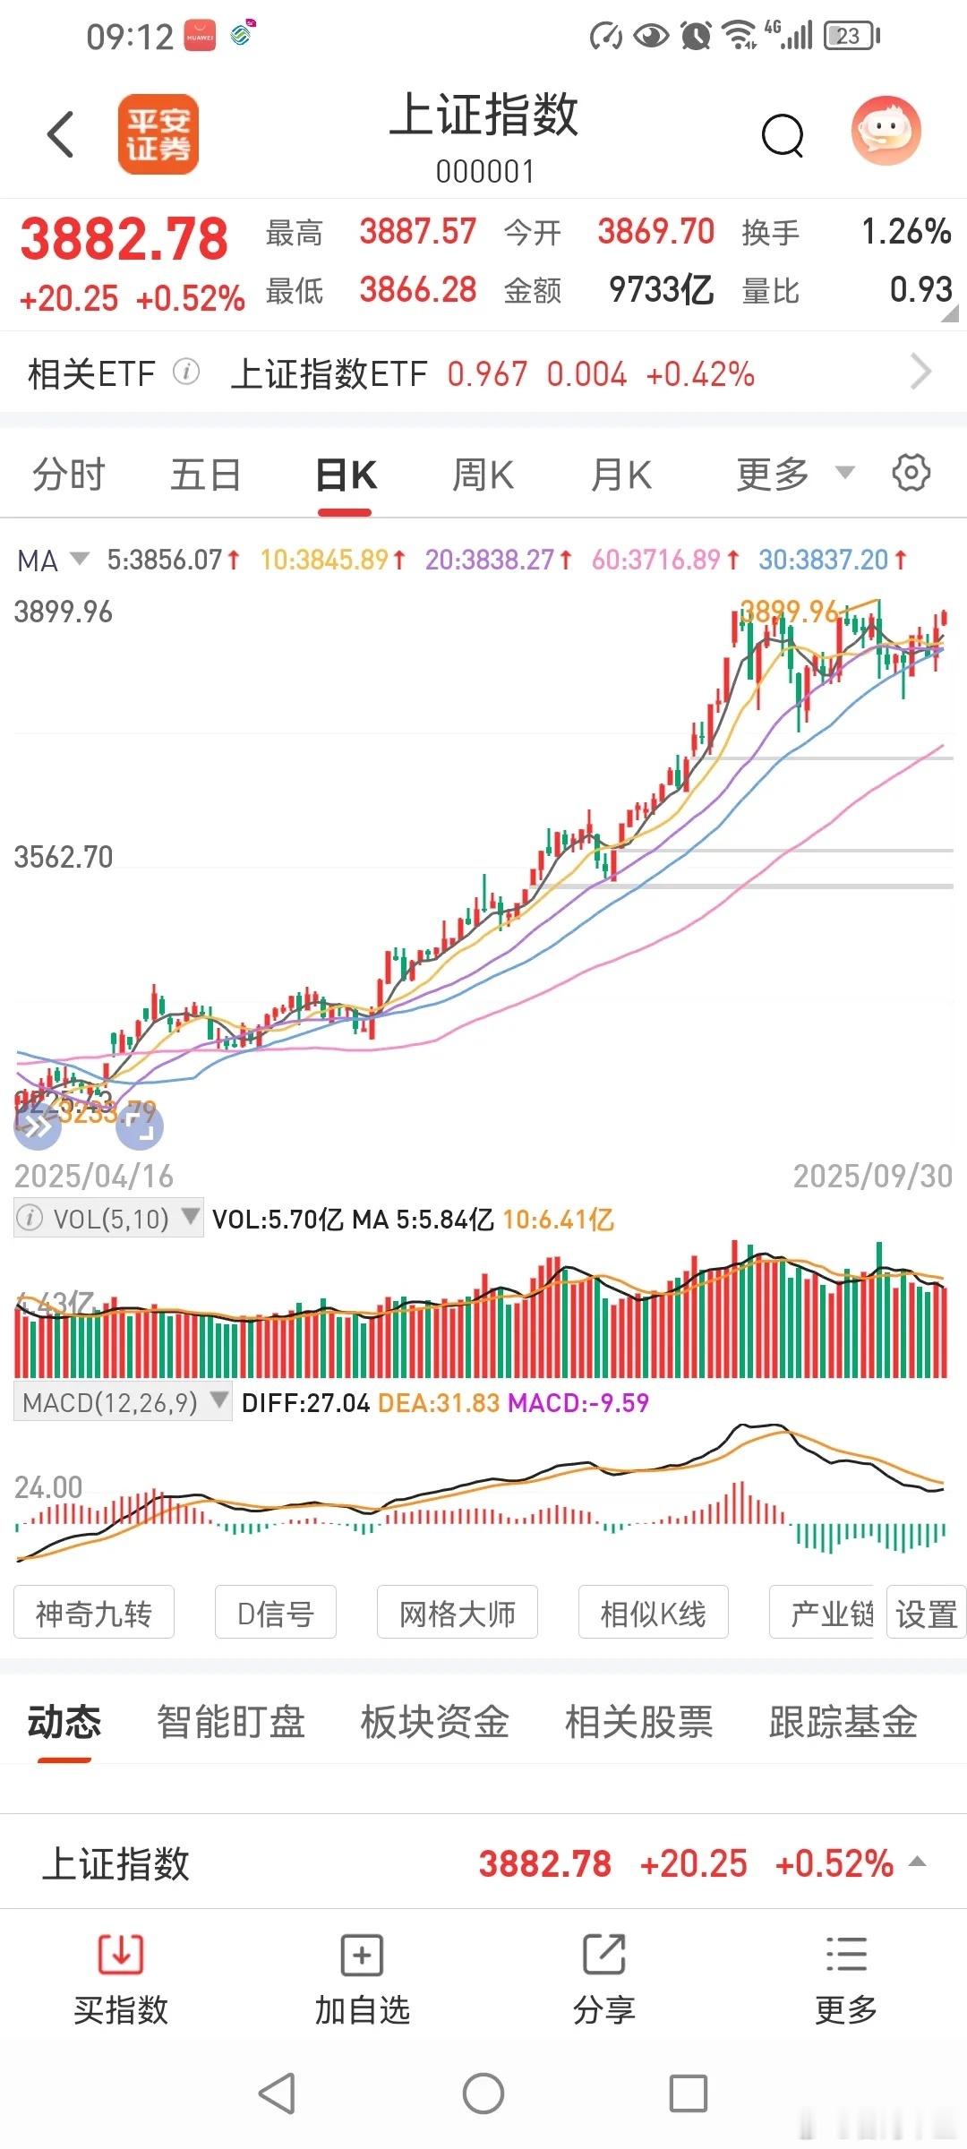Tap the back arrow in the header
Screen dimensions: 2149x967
pyautogui.click(x=61, y=135)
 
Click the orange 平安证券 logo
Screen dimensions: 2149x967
pyautogui.click(x=158, y=134)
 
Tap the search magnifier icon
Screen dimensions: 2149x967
pyautogui.click(x=783, y=136)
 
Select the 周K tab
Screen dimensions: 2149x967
pyautogui.click(x=483, y=475)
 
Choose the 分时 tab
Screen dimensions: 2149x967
pyautogui.click(x=69, y=475)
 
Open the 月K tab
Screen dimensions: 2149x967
pyautogui.click(x=621, y=475)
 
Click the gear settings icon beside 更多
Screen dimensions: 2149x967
pyautogui.click(x=911, y=473)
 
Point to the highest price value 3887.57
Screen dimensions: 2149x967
pyautogui.click(x=417, y=232)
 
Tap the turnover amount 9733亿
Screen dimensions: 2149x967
pyautogui.click(x=661, y=290)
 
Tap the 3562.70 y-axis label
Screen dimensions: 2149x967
pyautogui.click(x=64, y=857)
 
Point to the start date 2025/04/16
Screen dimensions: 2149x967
pyautogui.click(x=94, y=1176)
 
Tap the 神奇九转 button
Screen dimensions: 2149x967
pyautogui.click(x=94, y=1614)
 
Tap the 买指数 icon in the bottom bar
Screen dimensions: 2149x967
pyautogui.click(x=121, y=1954)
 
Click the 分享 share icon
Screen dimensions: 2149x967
pyautogui.click(x=604, y=1954)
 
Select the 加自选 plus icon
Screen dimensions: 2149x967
pyautogui.click(x=362, y=1954)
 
